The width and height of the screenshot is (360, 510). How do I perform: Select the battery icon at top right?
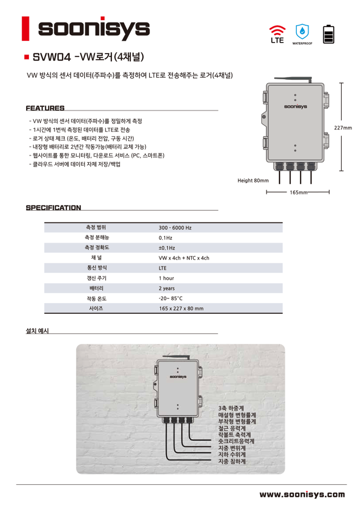(x=329, y=34)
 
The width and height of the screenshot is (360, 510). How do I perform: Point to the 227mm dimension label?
(x=343, y=128)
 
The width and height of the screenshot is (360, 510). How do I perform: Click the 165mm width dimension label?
(x=299, y=192)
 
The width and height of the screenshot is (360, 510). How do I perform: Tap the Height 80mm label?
(x=253, y=180)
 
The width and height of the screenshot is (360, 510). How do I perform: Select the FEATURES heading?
(x=45, y=108)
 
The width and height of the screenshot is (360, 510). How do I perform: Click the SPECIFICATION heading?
(x=53, y=207)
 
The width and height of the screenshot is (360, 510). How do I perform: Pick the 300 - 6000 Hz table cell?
(x=175, y=228)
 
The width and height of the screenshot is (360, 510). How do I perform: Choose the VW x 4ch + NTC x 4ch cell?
(x=184, y=258)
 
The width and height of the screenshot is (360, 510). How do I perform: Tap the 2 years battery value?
(x=166, y=289)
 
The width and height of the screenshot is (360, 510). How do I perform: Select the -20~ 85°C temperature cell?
(x=170, y=298)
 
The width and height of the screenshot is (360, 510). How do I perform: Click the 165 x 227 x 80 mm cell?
(x=181, y=309)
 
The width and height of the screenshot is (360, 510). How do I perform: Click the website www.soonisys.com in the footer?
(x=302, y=495)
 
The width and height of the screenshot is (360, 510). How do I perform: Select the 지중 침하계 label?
(x=232, y=462)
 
